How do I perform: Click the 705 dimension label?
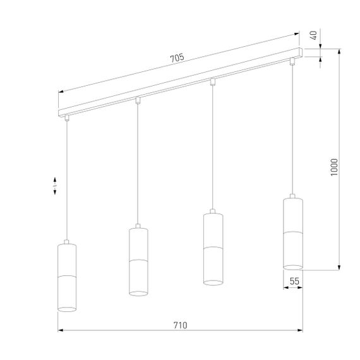(x=177, y=58)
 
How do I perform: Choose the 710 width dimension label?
(x=180, y=325)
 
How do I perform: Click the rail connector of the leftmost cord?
(x=66, y=117)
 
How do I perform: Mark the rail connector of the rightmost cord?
(x=292, y=61)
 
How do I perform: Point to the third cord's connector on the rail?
(x=213, y=81)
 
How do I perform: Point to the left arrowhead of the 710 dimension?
(x=61, y=331)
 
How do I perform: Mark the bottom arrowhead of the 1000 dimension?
(x=340, y=265)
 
